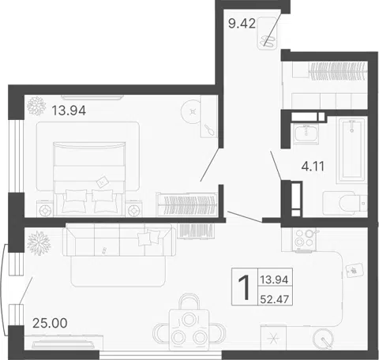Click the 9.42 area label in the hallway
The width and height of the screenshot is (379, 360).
[242, 24]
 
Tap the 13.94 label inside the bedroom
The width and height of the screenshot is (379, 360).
[69, 111]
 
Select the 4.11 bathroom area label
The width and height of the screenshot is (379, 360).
[313, 167]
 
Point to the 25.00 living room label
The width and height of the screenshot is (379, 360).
[50, 323]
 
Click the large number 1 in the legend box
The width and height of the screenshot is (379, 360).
[244, 287]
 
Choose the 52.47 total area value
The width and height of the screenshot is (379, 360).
[275, 299]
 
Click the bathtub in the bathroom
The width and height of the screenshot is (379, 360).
[351, 151]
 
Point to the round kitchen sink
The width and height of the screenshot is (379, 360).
[323, 339]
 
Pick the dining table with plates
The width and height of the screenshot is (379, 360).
[189, 330]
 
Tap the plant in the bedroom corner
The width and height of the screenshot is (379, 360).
[36, 106]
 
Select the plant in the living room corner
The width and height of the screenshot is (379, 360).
[39, 243]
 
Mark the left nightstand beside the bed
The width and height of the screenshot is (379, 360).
[45, 208]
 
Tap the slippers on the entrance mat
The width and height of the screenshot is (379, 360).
[268, 41]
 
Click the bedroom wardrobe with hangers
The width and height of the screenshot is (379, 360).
[187, 204]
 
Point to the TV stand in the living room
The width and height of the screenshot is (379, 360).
[64, 342]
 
